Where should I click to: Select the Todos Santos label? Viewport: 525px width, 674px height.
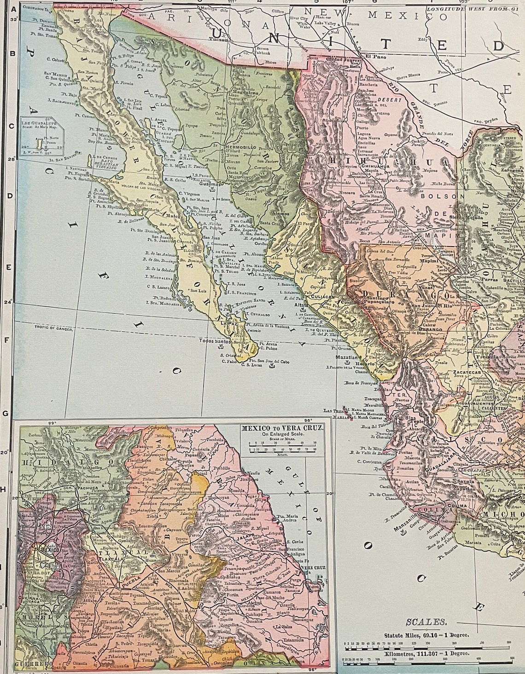point(214,341)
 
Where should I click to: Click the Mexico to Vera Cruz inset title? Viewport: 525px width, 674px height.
point(282,427)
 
